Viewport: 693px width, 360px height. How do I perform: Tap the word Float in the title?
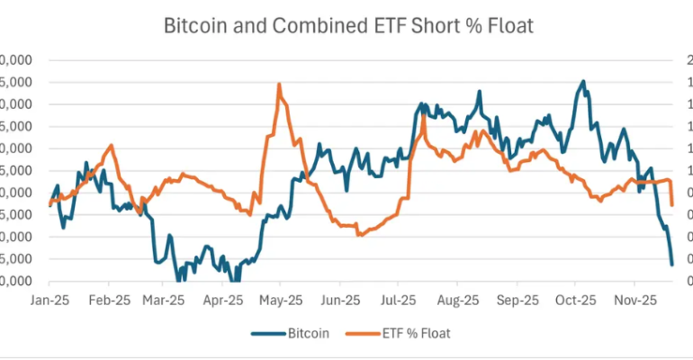509,25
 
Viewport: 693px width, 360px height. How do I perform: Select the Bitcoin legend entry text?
308,333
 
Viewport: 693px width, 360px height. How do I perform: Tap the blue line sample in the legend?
266,333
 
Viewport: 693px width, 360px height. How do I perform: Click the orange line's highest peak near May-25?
279,85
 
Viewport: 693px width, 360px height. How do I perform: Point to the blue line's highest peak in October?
583,81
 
